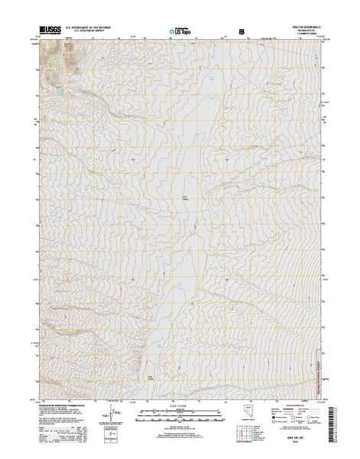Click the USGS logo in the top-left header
tap(48, 31)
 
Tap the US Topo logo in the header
tap(178, 33)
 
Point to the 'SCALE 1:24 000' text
tap(180, 405)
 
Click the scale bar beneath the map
tap(180, 416)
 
